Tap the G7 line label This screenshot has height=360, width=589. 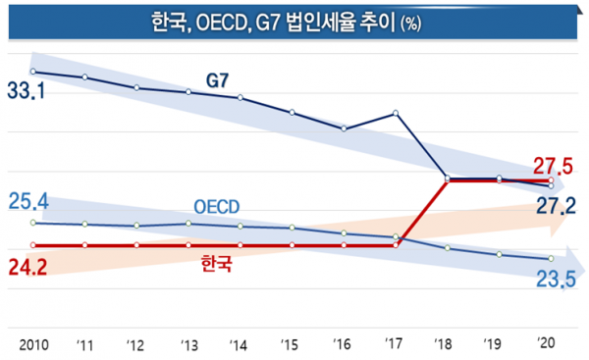point(219,77)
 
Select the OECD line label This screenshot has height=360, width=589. point(215,207)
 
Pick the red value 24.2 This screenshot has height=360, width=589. point(27,266)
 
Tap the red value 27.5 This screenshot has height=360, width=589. point(553,164)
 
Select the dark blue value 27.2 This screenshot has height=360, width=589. point(554,205)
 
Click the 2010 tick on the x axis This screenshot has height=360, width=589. point(33,344)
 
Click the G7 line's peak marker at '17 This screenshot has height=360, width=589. point(396,113)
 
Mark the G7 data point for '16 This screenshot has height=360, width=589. point(344,129)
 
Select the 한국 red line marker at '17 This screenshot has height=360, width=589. point(396,244)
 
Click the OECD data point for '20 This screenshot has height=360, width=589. point(551,259)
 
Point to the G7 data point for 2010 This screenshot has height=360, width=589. point(33,72)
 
